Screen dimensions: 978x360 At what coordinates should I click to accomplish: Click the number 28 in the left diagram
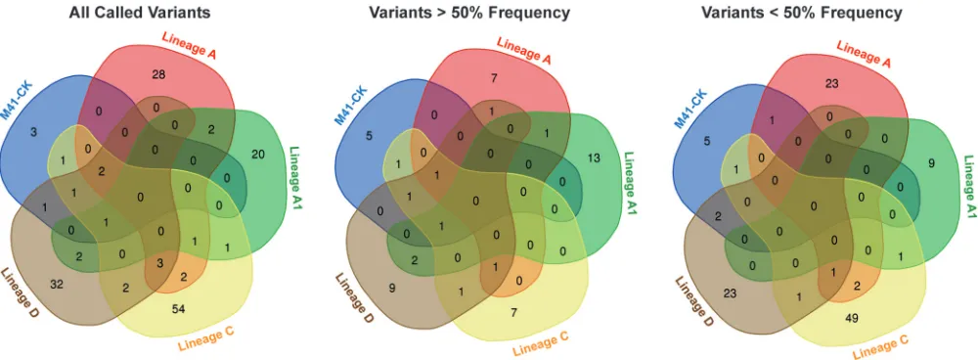158,75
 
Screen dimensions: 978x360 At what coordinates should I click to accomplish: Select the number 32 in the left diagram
57,284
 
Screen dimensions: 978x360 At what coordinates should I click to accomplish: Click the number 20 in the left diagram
257,154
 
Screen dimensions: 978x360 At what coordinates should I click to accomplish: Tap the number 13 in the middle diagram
593,157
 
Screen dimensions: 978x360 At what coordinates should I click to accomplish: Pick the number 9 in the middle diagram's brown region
392,289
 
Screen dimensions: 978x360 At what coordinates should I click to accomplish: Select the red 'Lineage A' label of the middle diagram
524,49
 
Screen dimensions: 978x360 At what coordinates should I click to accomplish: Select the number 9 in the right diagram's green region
931,164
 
